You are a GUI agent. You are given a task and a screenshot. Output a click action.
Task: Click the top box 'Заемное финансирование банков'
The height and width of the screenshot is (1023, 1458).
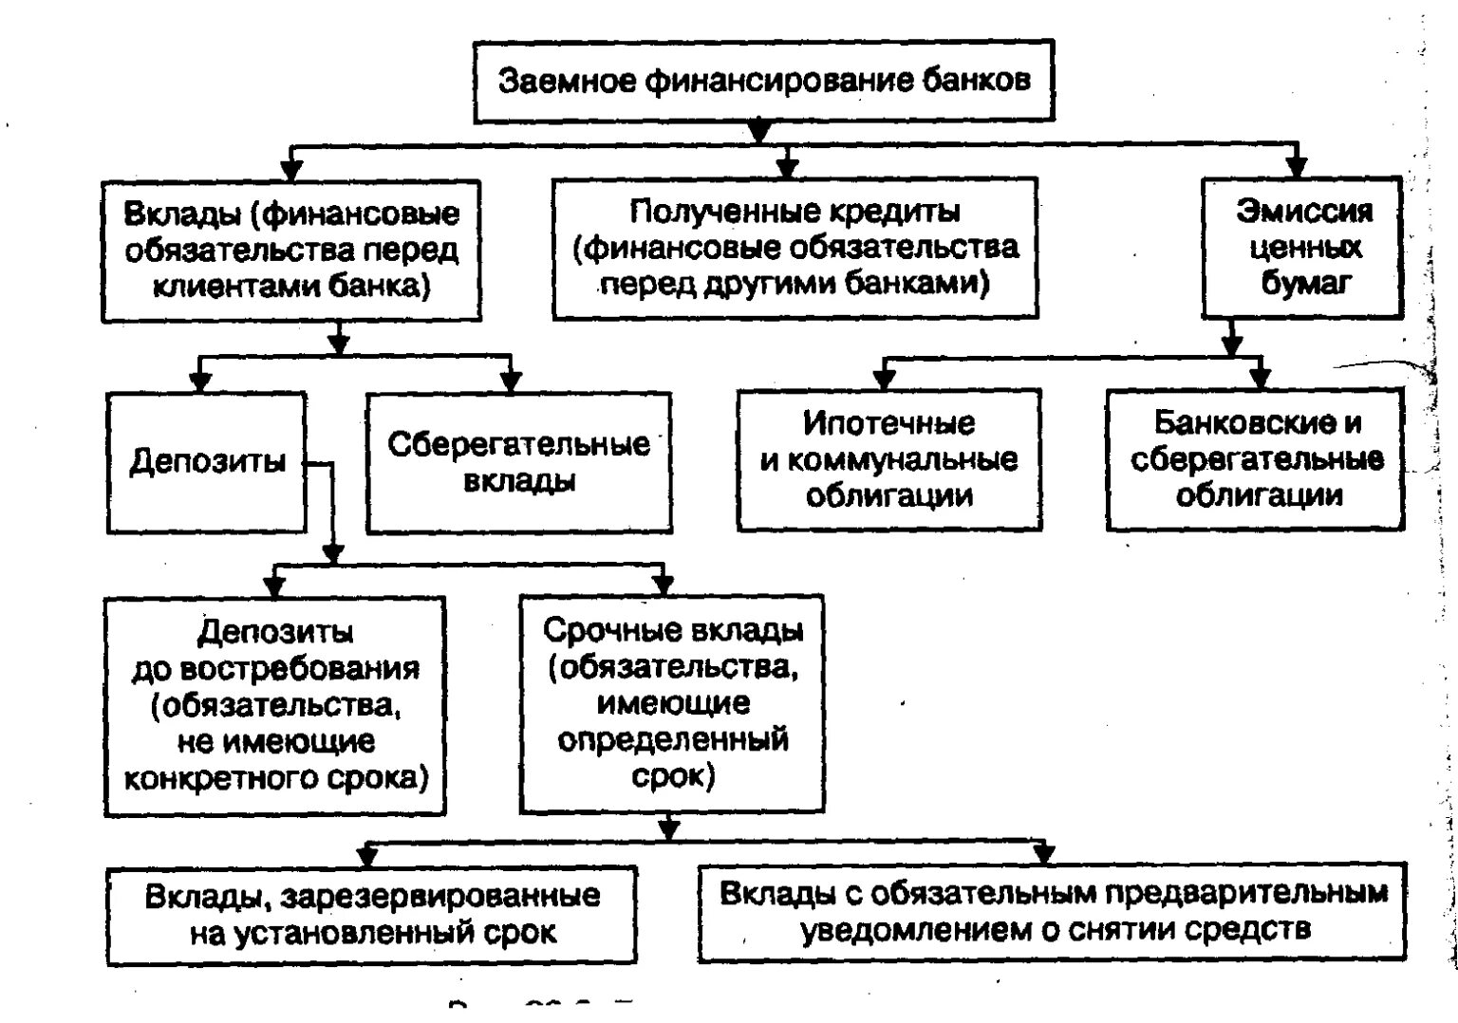(x=763, y=82)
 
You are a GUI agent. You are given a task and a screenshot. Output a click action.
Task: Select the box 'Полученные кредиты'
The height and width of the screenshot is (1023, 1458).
(x=794, y=247)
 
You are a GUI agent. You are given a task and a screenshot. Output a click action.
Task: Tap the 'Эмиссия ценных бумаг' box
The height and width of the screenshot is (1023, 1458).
(x=1302, y=247)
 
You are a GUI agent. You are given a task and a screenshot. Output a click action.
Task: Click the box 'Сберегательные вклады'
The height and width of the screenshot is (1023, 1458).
(x=518, y=462)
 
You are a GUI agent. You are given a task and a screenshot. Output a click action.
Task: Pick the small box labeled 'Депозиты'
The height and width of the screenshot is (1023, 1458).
(x=206, y=462)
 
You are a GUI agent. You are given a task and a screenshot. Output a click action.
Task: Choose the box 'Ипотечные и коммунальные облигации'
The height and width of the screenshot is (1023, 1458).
(x=888, y=459)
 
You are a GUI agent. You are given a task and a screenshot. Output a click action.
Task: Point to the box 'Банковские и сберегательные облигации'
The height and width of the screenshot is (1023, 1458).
(x=1255, y=459)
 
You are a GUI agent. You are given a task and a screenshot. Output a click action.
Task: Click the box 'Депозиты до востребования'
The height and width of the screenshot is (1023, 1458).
(x=275, y=705)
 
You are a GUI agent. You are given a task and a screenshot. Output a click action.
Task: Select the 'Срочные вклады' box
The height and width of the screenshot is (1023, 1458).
(x=672, y=703)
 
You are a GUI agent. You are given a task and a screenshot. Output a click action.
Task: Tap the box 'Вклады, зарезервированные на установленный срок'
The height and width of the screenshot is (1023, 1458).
(x=372, y=914)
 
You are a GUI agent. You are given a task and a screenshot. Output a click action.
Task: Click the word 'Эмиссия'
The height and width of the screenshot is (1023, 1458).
(x=1303, y=211)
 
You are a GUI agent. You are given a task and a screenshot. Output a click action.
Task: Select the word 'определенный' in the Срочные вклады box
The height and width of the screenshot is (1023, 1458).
(x=672, y=739)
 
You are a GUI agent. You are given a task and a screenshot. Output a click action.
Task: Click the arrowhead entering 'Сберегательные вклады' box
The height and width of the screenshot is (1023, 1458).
(x=511, y=382)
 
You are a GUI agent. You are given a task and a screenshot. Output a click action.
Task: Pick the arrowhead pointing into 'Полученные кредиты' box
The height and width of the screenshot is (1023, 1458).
(x=786, y=168)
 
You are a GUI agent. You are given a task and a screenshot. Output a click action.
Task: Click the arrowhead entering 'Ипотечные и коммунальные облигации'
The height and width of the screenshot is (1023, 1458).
(x=884, y=380)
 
